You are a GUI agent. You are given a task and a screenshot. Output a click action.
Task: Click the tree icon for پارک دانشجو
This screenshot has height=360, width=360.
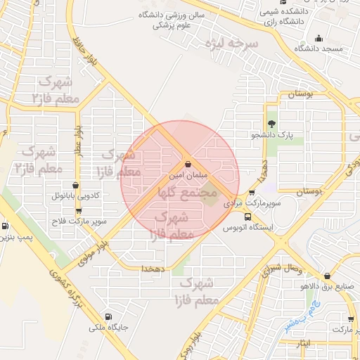click(281, 123)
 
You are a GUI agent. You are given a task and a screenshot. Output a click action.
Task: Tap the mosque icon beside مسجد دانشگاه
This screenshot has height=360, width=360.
click(320, 38)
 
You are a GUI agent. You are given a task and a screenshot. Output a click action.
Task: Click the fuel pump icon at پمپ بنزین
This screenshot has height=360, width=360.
click(6, 226)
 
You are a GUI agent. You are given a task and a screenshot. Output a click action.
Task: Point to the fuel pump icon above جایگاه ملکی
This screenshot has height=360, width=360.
click(108, 316)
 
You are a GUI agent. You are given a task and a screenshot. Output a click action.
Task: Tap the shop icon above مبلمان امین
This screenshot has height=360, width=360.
click(187, 165)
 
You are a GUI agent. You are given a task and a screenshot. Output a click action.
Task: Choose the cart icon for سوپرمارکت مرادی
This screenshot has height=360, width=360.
click(252, 193)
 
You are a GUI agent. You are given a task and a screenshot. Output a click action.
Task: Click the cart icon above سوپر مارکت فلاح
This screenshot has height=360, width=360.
click(78, 210)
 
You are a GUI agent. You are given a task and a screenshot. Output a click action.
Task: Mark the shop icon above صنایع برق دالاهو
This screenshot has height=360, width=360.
click(327, 276)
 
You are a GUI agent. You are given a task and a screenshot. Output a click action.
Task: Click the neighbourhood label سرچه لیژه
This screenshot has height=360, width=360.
click(231, 44)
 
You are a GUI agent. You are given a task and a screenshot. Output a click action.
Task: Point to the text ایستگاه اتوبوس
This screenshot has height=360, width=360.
click(249, 228)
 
